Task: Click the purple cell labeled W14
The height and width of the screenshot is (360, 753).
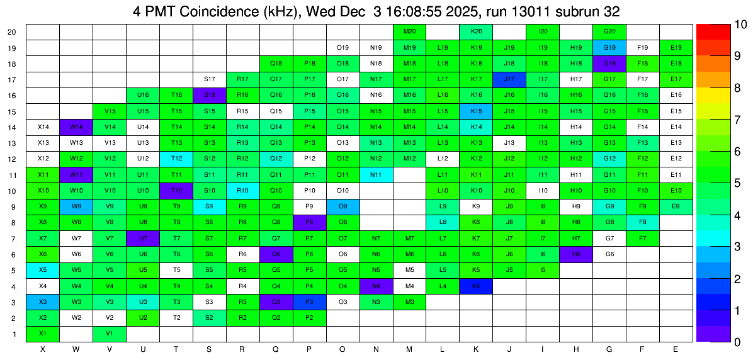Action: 76,127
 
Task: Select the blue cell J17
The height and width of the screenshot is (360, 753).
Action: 510,79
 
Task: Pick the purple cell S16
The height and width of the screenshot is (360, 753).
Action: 210,95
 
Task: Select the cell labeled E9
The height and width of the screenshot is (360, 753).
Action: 676,206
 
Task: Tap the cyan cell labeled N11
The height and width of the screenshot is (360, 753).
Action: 376,175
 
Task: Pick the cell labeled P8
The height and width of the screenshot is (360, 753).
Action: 310,222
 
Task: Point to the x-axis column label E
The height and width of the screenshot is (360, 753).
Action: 676,349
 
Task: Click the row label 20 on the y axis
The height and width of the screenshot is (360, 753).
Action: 12,32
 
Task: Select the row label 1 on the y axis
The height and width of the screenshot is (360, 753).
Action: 15,334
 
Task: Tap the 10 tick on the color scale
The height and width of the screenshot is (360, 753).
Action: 740,25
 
